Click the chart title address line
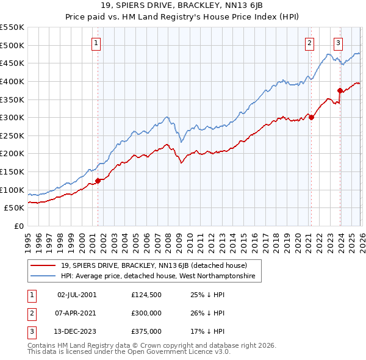pos(182,7)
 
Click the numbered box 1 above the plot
pos(97,43)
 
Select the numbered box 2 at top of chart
pos(310,43)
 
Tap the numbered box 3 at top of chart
pos(338,43)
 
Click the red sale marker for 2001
pos(98,181)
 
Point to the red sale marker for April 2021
pos(310,117)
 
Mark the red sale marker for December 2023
pos(340,90)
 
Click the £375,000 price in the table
pos(146,332)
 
